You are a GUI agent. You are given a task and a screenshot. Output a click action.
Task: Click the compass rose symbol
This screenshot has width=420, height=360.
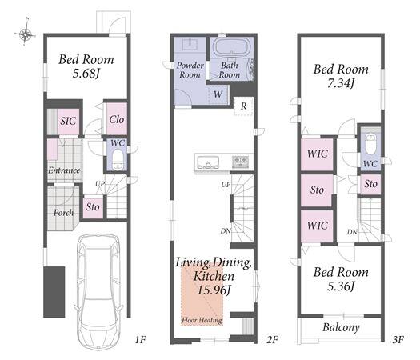click(x=25, y=34)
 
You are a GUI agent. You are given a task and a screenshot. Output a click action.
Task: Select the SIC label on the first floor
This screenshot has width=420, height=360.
click(x=68, y=121)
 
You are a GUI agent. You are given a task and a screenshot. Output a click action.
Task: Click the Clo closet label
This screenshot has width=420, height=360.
click(x=117, y=119)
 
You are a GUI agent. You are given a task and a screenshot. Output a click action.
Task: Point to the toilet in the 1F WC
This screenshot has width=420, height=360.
click(x=118, y=159)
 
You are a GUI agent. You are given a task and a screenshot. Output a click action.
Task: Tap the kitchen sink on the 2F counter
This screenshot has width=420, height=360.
click(x=208, y=162)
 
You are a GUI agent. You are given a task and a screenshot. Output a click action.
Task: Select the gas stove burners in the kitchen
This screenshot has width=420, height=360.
click(x=240, y=162)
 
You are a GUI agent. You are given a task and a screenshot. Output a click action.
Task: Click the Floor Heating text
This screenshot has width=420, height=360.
click(x=202, y=320)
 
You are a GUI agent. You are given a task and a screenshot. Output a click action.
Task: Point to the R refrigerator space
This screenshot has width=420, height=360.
click(x=243, y=106)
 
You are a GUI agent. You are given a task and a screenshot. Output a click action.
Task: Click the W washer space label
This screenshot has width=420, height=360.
click(x=218, y=94)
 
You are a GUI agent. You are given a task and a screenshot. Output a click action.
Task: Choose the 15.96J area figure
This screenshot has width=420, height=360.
click(x=214, y=290)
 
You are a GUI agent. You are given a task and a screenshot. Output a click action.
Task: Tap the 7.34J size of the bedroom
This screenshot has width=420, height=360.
click(x=341, y=83)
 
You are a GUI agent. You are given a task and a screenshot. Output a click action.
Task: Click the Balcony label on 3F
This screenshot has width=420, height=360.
click(x=341, y=327)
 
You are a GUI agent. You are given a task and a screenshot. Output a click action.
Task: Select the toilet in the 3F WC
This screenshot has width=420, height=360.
click(x=371, y=144)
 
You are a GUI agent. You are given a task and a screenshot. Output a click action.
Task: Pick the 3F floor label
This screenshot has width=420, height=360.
click(x=398, y=340)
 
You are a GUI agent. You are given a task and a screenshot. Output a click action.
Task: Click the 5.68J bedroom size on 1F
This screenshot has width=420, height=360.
click(x=86, y=74)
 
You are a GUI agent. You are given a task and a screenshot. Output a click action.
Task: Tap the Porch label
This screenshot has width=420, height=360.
click(x=63, y=213)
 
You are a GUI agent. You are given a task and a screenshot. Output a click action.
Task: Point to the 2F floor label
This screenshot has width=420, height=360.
click(x=273, y=340)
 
